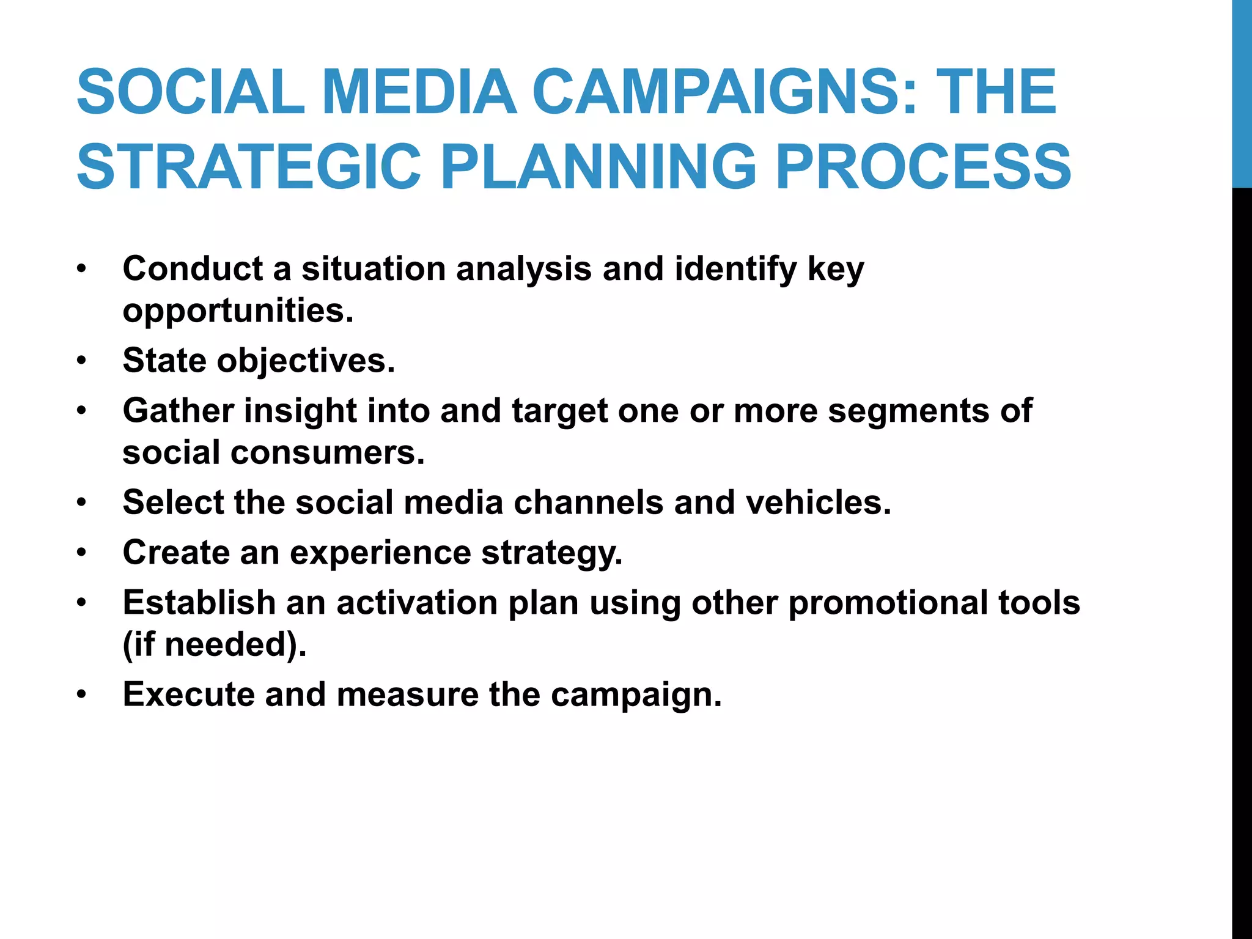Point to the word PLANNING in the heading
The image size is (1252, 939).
(x=598, y=166)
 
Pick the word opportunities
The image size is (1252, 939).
(x=238, y=311)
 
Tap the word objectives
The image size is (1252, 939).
(x=306, y=360)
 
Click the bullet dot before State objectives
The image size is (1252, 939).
(x=82, y=361)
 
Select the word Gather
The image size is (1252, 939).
(x=178, y=410)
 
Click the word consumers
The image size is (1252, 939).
(x=328, y=453)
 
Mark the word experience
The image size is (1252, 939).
(x=380, y=553)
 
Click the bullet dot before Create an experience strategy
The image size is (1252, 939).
(x=82, y=553)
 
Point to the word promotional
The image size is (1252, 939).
(x=888, y=603)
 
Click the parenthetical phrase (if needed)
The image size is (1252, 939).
(x=215, y=645)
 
